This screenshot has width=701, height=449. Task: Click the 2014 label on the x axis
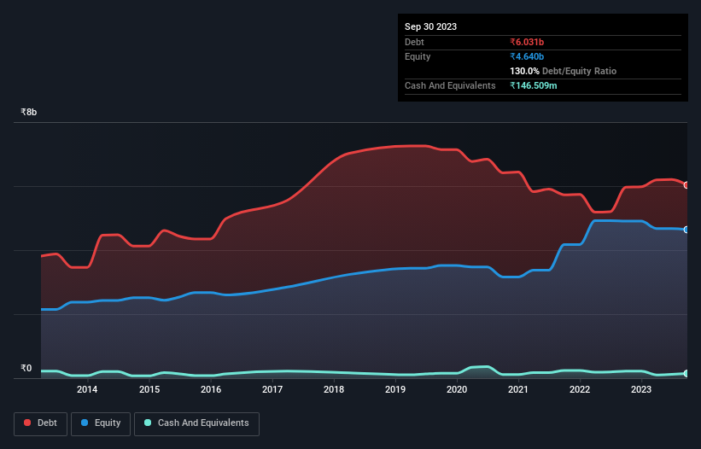coord(87,390)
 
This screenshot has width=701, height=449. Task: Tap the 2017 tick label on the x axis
coord(272,390)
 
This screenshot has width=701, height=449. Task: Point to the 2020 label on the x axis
coord(457,390)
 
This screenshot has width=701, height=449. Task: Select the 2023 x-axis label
coord(641,390)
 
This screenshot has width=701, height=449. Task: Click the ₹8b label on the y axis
coord(29,112)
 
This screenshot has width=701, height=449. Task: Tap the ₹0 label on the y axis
coord(26,369)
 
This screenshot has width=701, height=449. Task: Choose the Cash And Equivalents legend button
coord(196,423)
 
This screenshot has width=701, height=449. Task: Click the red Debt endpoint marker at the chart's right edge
coord(686,185)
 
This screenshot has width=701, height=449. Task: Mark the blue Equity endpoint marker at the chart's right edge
coord(686,230)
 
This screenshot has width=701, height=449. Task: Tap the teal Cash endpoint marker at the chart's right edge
coord(686,374)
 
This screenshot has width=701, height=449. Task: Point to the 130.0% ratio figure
coord(524,72)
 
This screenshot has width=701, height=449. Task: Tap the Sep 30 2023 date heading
coord(430,26)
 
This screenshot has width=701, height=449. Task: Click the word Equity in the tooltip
coord(418,56)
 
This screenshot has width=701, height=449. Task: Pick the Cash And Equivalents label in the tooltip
coord(450,85)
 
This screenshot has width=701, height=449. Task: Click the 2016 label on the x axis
coord(211,390)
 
